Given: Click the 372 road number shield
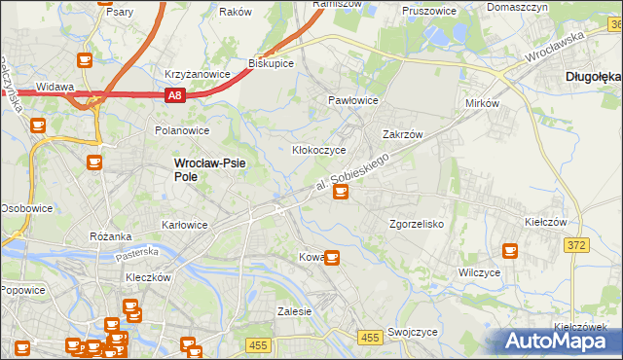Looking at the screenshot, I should coord(576,245).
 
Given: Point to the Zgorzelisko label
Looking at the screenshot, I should coord(417,224).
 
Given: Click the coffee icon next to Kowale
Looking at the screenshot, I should coord(332,258).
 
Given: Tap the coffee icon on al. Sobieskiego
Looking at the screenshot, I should coord(340,192).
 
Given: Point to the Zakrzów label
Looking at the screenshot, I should coord(402,135).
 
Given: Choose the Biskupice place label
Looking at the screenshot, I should coord(271,62).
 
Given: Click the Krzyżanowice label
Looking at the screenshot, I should coord(197,74).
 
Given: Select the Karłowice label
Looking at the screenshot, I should coord(185,225).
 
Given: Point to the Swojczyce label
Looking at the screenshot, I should coord(412,332).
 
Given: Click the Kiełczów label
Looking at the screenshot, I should coord(545,223).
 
